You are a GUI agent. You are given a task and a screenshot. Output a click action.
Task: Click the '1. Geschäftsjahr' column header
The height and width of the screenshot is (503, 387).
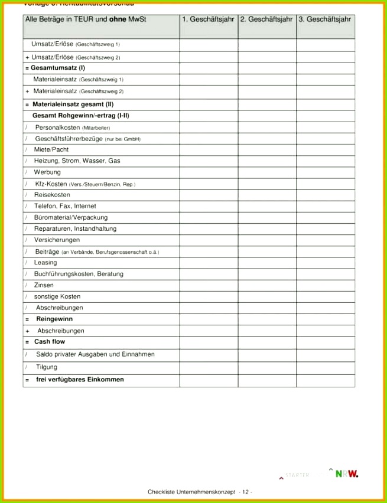[x=208, y=19]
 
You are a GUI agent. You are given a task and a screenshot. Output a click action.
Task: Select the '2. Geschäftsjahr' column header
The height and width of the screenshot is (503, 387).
[x=266, y=19]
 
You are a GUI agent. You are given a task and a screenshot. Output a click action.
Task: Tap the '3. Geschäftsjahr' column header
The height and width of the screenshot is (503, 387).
[x=325, y=19]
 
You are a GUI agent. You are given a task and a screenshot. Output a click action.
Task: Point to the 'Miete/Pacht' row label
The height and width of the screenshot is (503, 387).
[x=51, y=149]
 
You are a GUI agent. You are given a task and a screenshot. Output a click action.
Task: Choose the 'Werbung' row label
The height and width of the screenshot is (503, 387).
[x=47, y=172]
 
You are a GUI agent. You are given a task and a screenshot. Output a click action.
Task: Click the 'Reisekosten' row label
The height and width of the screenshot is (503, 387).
[x=52, y=195]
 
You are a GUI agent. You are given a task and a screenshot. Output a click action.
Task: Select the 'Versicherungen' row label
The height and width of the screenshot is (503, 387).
[x=57, y=240]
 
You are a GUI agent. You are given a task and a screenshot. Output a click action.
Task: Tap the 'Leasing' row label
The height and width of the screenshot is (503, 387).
[x=45, y=263]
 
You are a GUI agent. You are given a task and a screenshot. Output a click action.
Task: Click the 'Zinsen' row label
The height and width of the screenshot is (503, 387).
[x=44, y=285]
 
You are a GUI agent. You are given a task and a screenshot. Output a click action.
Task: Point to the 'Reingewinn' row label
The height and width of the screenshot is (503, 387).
[x=54, y=319]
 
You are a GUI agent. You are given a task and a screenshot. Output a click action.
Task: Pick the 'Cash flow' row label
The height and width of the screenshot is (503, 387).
[x=50, y=342]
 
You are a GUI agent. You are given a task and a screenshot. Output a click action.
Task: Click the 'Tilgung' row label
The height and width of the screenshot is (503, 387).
[x=47, y=367]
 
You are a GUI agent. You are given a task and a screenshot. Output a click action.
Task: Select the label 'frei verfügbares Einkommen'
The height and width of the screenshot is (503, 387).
[x=80, y=380]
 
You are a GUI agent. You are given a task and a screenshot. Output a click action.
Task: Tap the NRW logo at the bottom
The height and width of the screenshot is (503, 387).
[x=347, y=473]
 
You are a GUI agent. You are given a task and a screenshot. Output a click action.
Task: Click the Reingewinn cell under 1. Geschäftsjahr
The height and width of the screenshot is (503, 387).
[x=209, y=319]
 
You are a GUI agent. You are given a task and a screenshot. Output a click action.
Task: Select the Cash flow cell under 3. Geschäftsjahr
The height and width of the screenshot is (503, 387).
[x=326, y=342]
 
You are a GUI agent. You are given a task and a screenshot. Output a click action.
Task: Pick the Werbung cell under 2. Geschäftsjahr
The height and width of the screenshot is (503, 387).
[x=267, y=172]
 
